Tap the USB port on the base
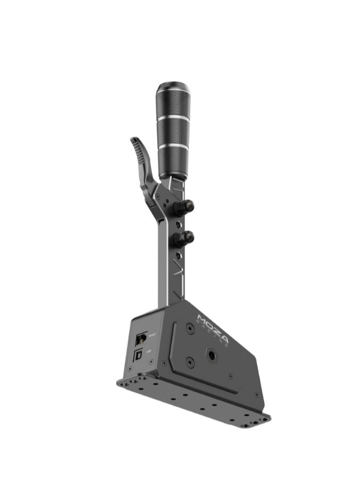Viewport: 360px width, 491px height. (139, 354)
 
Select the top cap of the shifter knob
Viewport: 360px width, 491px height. (170, 87)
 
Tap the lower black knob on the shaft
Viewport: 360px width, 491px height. (187, 236)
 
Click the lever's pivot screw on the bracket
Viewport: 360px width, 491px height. (157, 191)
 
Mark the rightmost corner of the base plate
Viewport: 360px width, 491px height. (270, 419)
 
